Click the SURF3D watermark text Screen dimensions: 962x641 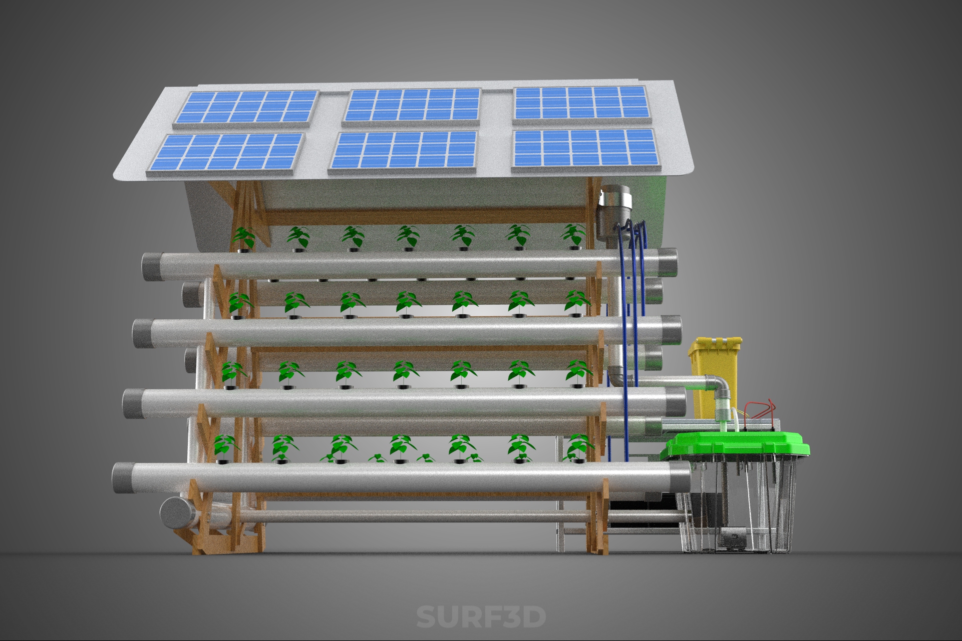[x=481, y=616]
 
